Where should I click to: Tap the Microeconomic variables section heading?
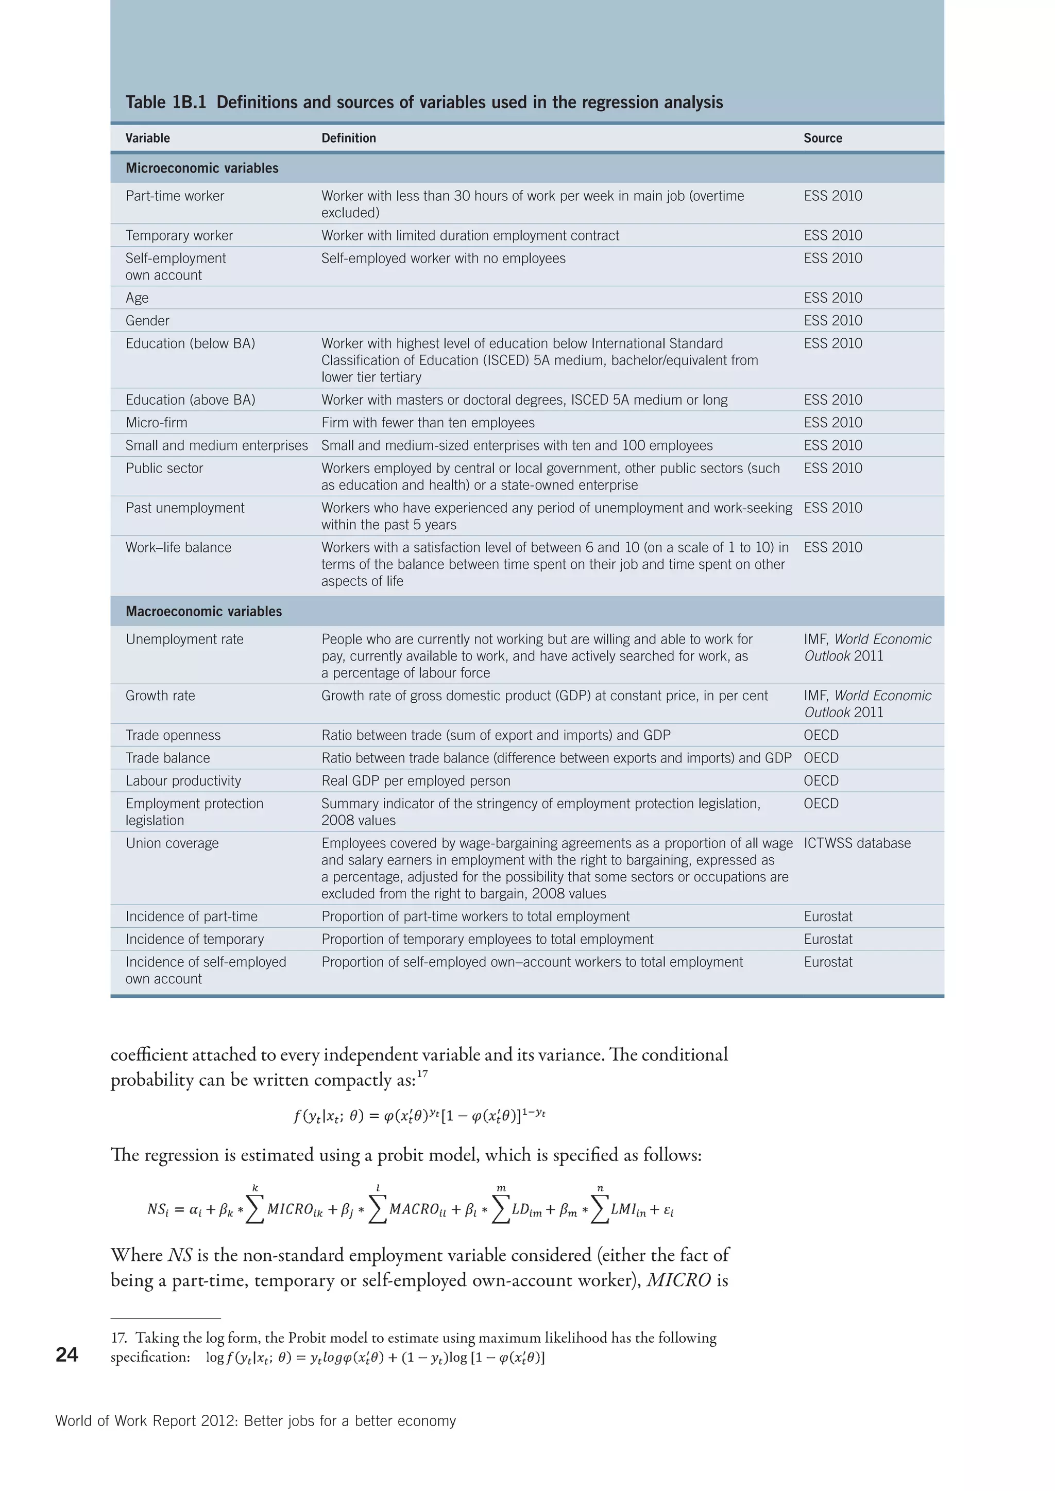(201, 168)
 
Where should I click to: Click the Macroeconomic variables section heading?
(203, 611)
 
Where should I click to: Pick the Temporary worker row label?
(179, 235)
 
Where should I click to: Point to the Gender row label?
(147, 320)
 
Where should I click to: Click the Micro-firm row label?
(156, 422)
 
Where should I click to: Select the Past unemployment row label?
(184, 508)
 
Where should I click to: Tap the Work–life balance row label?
(178, 547)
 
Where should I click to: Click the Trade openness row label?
(173, 735)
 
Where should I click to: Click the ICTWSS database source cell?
(857, 843)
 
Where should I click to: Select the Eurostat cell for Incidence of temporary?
(828, 939)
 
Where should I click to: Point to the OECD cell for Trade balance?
(821, 758)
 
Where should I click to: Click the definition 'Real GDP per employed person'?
(416, 781)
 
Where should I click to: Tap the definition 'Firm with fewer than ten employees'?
(428, 422)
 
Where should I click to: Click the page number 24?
(67, 1355)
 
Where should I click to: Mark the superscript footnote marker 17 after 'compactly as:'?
(422, 1074)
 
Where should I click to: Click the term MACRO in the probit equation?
(414, 1209)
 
